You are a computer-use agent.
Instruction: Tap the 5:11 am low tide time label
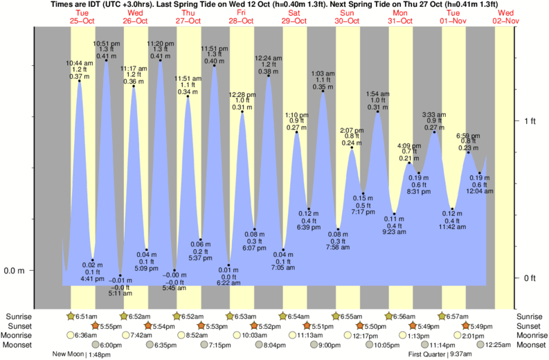(x=120, y=294)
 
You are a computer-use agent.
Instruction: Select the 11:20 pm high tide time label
(x=160, y=43)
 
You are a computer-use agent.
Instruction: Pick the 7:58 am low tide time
(x=338, y=247)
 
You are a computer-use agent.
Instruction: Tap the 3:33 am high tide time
(x=434, y=114)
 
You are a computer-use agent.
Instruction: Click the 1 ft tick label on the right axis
(x=530, y=121)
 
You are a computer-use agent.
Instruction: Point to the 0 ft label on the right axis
(x=530, y=278)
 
